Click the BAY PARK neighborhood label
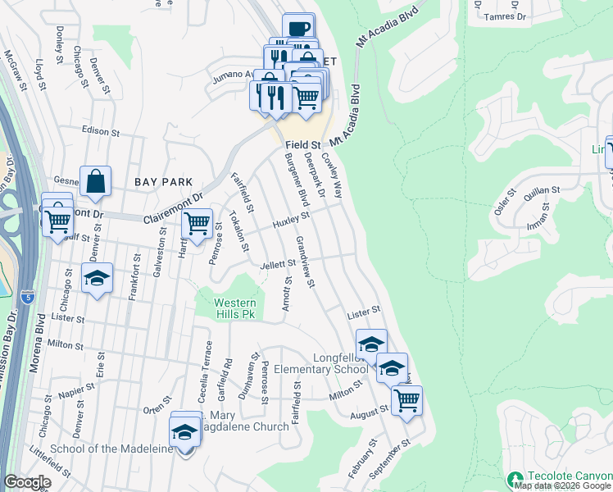[x=165, y=182]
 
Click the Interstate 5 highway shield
[x=29, y=292]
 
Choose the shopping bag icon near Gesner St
[x=96, y=181]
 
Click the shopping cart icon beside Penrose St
[x=197, y=223]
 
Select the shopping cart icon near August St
[x=406, y=400]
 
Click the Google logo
[x=27, y=482]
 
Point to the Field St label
[x=302, y=144]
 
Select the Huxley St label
[x=291, y=220]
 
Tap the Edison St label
[x=100, y=130]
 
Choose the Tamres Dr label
[x=505, y=16]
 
